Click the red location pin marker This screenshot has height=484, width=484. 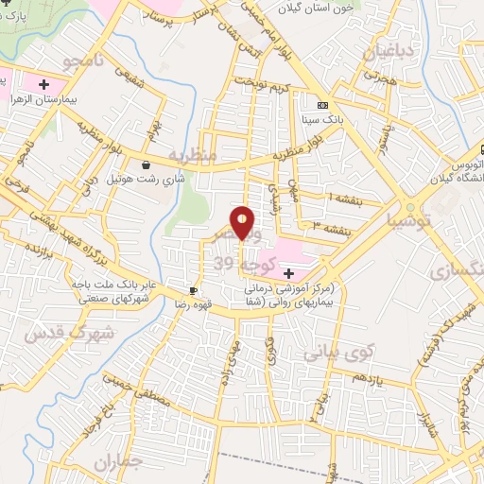pos(243,222)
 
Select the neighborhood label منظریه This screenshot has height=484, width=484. pos(193,153)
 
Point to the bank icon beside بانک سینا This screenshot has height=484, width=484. pos(322,105)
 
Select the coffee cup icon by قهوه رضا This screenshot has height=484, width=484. pos(193,290)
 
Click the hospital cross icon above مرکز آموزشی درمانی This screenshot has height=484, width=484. pos(287,272)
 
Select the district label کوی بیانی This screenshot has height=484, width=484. pos(340,352)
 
